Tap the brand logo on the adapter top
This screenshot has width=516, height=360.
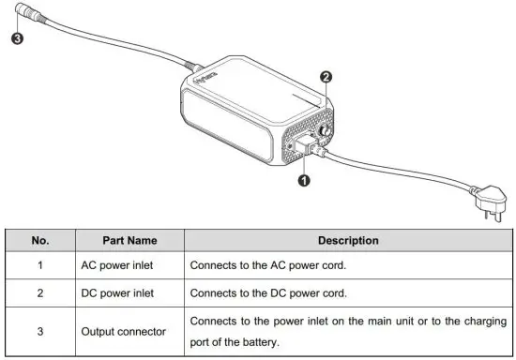(207, 86)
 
